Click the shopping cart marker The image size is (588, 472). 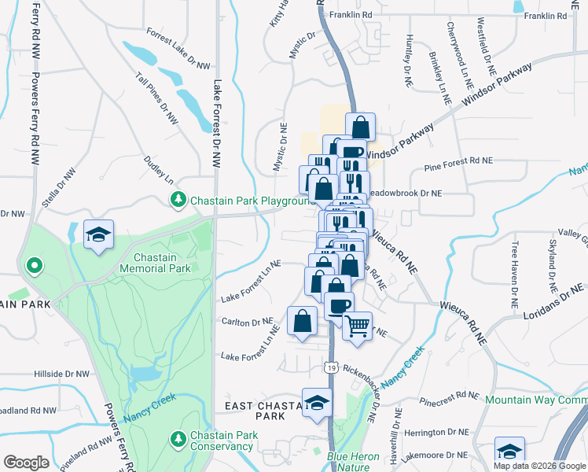tap(358, 325)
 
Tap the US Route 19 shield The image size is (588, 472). tap(331, 367)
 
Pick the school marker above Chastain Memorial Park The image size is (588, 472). tap(99, 234)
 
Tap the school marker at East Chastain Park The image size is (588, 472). tap(317, 403)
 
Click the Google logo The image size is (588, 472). tap(27, 462)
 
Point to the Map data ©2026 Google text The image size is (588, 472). tap(539, 466)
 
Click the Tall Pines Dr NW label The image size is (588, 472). tap(157, 98)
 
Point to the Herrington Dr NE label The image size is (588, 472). tap(435, 432)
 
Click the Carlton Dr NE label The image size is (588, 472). tap(247, 322)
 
